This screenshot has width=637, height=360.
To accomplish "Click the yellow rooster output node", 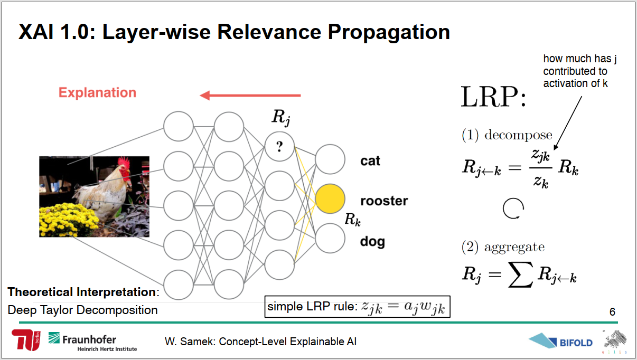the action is (330, 198).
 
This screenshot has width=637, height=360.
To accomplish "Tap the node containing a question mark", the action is (279, 146).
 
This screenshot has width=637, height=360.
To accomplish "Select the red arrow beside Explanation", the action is (250, 96).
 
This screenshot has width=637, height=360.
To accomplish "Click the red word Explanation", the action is (97, 92).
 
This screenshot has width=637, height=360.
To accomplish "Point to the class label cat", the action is (370, 161).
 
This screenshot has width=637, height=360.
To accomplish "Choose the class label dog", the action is (372, 242).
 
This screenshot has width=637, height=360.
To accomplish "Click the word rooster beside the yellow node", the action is (384, 201).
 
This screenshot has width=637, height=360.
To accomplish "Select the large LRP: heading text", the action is (493, 97).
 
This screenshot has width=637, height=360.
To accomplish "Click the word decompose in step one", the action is (518, 135).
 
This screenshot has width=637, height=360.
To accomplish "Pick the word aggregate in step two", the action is (514, 247).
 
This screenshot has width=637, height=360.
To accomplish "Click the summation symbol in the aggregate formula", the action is (520, 274).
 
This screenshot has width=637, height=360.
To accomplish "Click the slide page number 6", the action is (612, 312).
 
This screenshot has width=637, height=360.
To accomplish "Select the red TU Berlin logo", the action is (26, 340).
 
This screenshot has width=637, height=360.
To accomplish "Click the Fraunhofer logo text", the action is (89, 339).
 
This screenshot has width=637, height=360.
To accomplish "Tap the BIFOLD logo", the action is (560, 340).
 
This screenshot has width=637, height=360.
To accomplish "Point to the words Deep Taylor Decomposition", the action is (82, 310).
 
